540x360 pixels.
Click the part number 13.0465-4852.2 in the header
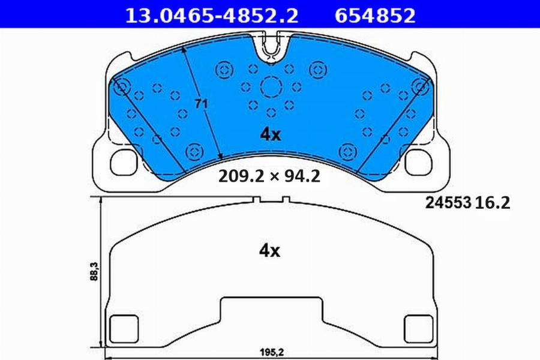pyautogui.click(x=211, y=16)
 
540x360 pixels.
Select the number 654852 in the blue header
pyautogui.click(x=375, y=16)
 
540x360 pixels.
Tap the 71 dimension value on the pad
pyautogui.click(x=201, y=103)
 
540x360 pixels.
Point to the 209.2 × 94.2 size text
pyautogui.click(x=269, y=176)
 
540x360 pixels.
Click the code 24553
pyautogui.click(x=448, y=203)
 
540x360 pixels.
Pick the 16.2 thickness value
pyautogui.click(x=493, y=203)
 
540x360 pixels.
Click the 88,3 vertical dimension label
pyautogui.click(x=94, y=271)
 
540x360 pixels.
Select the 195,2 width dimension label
pyautogui.click(x=271, y=352)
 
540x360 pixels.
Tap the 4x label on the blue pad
pyautogui.click(x=271, y=134)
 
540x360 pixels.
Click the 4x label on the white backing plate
pyautogui.click(x=269, y=251)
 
